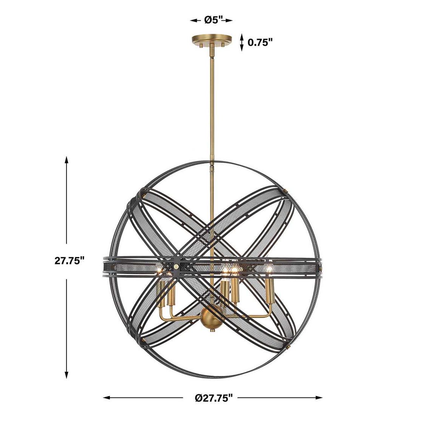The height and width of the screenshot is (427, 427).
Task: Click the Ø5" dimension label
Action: click(x=213, y=20)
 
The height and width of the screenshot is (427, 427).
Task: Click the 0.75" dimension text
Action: click(x=260, y=42)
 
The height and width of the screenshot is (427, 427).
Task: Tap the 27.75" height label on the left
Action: click(x=69, y=261)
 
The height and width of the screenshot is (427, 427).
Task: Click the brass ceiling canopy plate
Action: click(x=212, y=40)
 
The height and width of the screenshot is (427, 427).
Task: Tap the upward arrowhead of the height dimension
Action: click(x=67, y=160)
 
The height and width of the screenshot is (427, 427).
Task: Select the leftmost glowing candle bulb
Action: click(x=159, y=271)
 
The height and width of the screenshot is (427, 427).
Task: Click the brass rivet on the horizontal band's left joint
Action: click(x=176, y=267)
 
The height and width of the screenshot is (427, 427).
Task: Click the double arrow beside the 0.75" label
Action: click(x=242, y=42)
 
